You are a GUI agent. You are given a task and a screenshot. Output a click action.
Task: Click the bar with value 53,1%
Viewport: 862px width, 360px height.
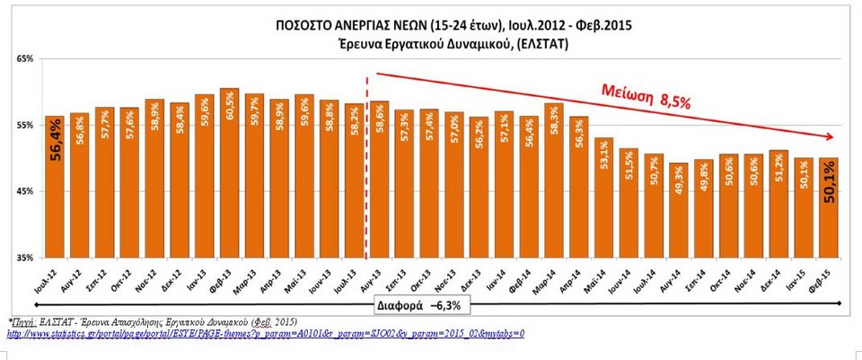point(603,198)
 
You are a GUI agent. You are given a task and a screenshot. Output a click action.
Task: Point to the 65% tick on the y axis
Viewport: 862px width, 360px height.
point(22,58)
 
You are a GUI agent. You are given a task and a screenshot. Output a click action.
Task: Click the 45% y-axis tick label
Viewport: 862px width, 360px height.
point(22,191)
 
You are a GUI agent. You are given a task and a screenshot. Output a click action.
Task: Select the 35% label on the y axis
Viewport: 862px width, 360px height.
point(22,258)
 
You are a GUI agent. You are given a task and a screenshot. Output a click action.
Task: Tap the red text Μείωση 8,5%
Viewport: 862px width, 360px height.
point(645,97)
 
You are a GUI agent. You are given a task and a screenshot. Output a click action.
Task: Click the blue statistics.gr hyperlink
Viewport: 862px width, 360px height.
point(265,333)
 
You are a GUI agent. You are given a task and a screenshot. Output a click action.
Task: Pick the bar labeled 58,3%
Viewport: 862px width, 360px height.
point(554,180)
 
